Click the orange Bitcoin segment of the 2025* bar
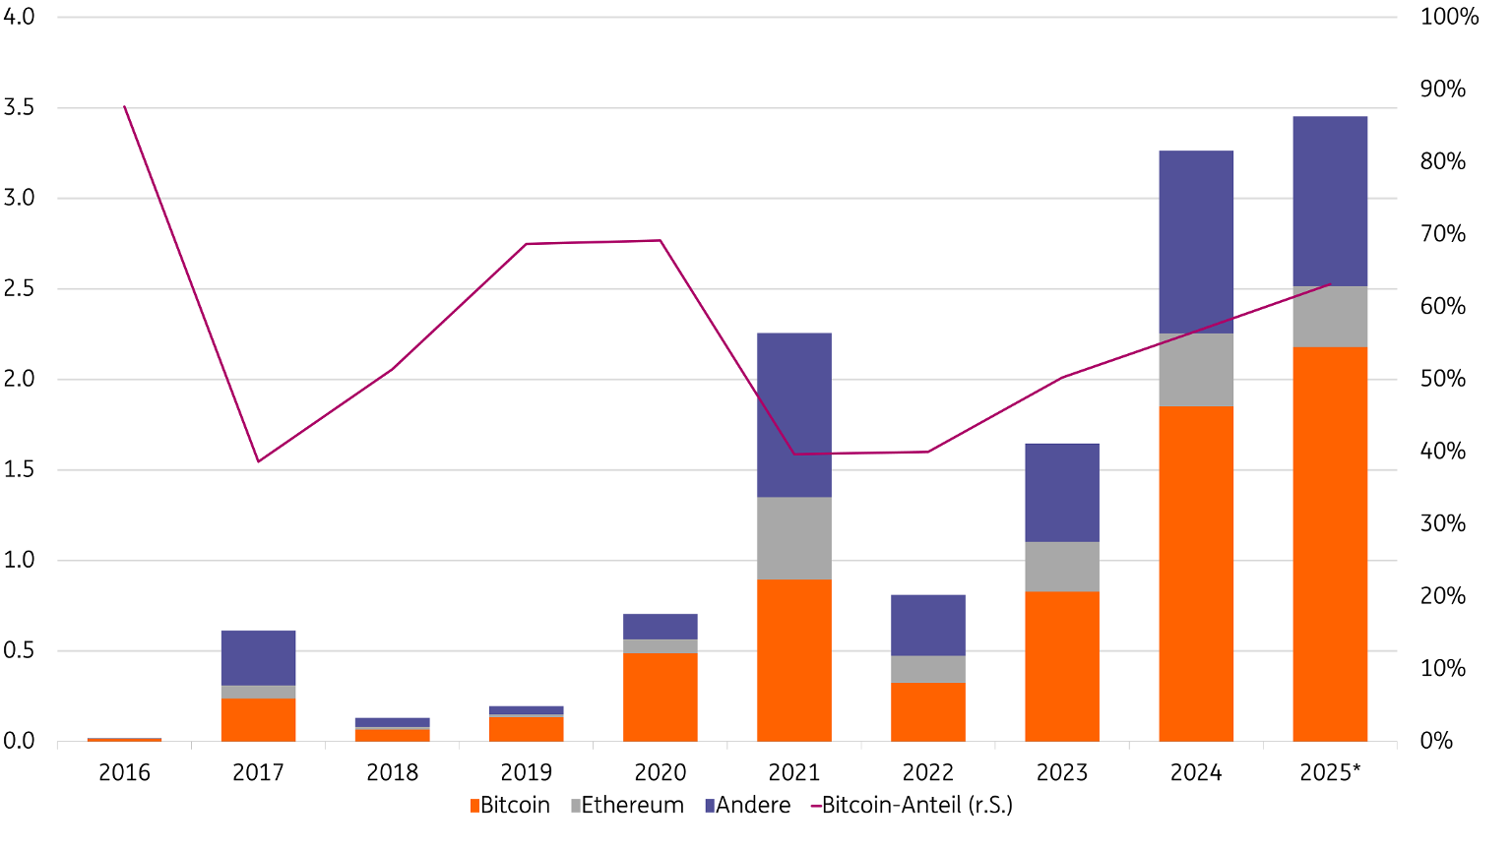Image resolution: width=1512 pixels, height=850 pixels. (1329, 544)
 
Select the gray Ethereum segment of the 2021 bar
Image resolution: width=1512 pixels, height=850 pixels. (793, 538)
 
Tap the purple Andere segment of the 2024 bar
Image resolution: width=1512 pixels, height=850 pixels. (1196, 242)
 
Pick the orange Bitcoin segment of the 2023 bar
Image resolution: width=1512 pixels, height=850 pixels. (1061, 666)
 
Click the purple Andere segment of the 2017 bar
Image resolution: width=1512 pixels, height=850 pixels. (258, 657)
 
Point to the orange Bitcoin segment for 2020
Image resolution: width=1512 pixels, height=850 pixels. (660, 697)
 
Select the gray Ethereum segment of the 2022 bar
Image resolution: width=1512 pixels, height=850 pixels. (927, 669)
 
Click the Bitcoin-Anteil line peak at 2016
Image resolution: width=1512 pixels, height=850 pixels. (124, 106)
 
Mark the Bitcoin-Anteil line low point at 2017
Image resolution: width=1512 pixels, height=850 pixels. (258, 461)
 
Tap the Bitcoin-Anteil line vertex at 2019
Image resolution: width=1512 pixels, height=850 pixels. (527, 243)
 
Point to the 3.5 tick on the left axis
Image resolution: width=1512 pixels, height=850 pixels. (19, 107)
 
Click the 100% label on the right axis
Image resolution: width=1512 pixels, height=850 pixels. (1448, 17)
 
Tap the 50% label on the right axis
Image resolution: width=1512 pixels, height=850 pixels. (1442, 379)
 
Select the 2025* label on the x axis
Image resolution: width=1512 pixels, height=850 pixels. (1329, 773)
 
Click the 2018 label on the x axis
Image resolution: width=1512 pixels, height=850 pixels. (392, 773)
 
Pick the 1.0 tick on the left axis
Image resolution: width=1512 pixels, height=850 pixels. (19, 560)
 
